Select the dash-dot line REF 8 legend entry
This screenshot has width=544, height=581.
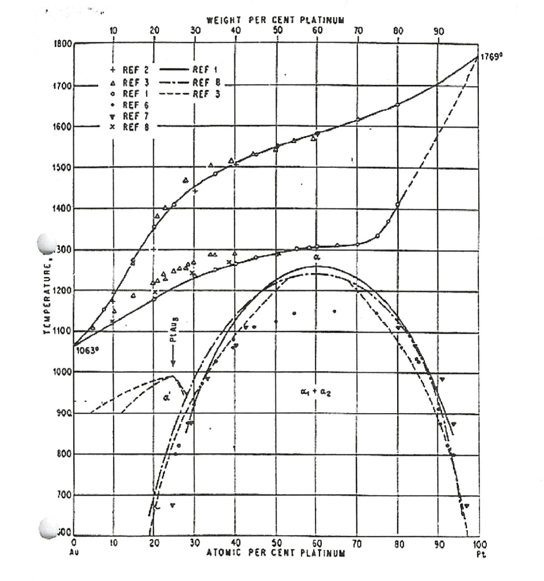click(193, 83)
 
